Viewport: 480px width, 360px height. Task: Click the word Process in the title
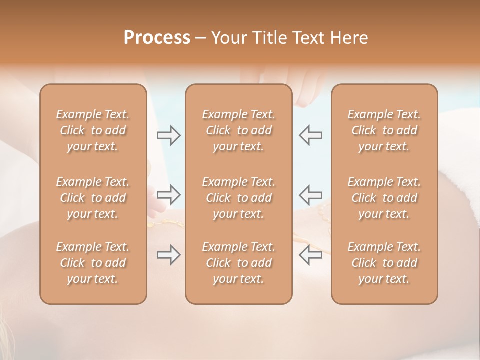pos(157,38)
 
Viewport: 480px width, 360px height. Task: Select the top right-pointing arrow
pos(169,135)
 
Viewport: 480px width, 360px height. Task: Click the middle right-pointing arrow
pos(169,194)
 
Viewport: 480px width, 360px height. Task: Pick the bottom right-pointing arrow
pos(169,255)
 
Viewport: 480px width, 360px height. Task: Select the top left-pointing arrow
pos(310,135)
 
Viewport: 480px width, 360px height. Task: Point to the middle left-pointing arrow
pos(310,194)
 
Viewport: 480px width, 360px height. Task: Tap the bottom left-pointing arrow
pos(310,255)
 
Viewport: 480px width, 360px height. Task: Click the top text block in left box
pos(93,130)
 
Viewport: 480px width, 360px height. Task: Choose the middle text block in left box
pos(93,198)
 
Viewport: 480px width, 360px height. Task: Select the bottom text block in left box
pos(93,263)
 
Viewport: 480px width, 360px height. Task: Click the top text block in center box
pos(239,130)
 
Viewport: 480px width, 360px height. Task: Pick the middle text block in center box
pos(239,198)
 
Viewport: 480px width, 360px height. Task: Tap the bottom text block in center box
pos(239,263)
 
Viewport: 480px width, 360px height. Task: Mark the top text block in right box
pos(384,130)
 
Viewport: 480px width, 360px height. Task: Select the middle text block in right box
pos(384,198)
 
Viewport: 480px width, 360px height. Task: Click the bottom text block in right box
pos(384,263)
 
